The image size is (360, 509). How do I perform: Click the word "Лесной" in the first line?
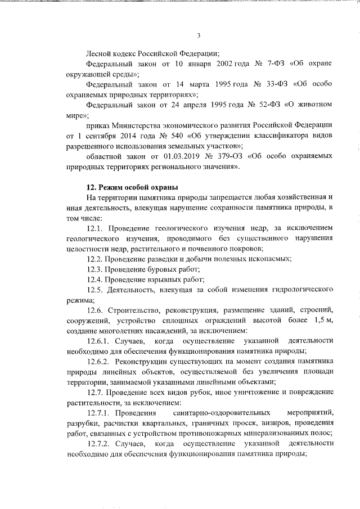click(98, 53)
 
